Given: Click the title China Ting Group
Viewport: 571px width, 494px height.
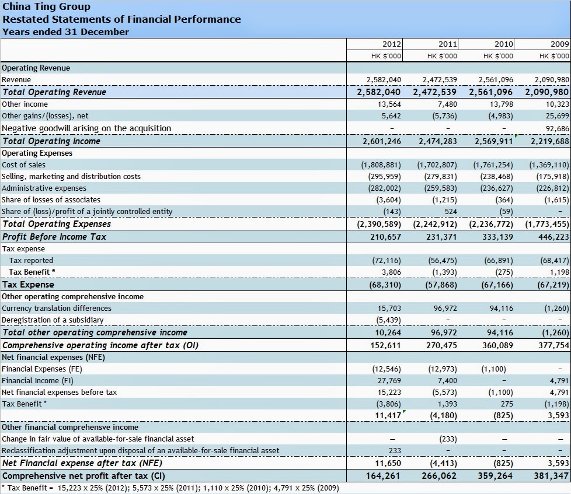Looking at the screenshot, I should click(x=47, y=7).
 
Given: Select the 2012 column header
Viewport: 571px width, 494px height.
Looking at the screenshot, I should click(x=392, y=44).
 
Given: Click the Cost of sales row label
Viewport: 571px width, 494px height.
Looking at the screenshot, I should click(x=23, y=165).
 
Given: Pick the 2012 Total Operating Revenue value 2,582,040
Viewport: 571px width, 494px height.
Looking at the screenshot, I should click(x=379, y=92).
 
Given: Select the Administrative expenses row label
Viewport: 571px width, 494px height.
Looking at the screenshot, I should click(x=44, y=188).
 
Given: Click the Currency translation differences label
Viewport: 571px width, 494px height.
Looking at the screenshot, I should click(x=56, y=308).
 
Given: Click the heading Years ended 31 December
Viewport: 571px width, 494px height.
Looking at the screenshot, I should click(x=66, y=31).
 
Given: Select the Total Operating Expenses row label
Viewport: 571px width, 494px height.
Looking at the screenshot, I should click(x=57, y=224).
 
